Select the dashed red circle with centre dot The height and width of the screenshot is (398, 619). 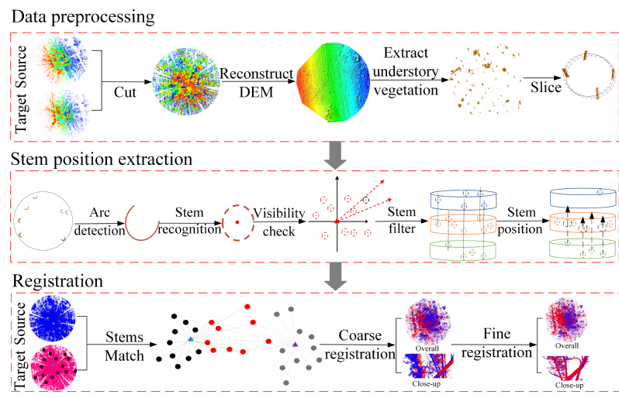(237, 222)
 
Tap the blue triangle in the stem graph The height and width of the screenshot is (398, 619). (191, 339)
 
